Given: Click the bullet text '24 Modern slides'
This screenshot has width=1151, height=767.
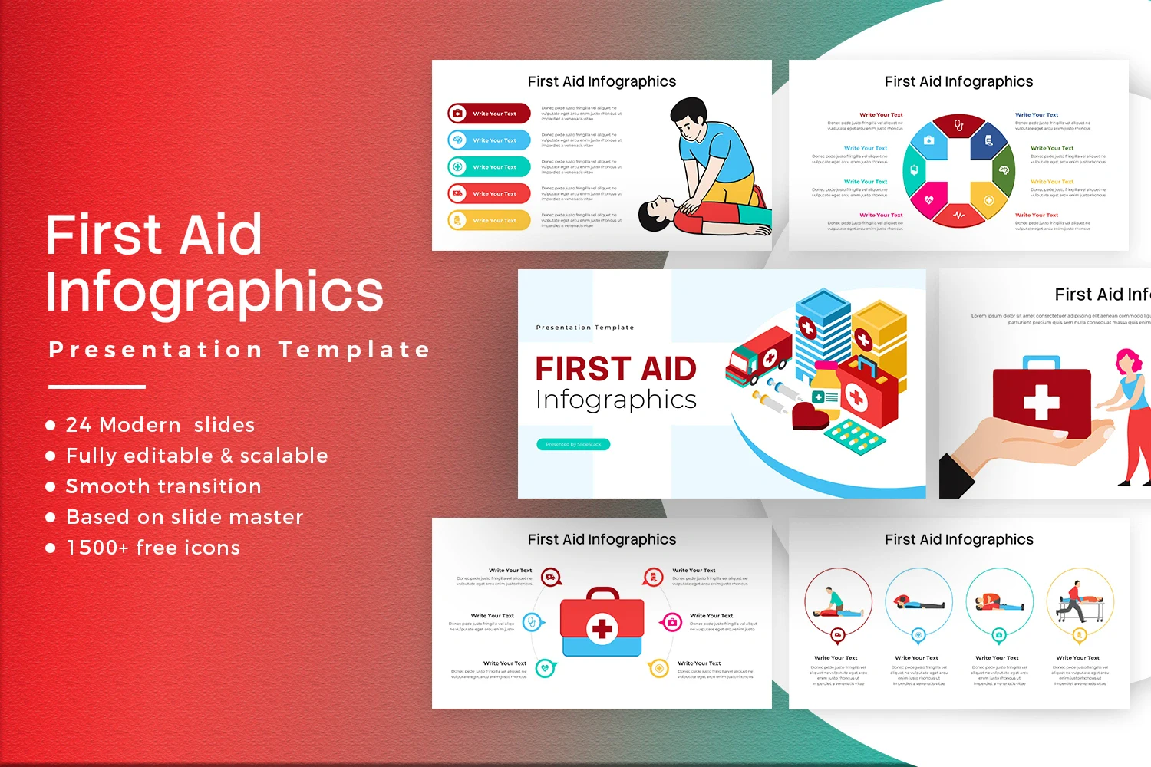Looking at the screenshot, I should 160,425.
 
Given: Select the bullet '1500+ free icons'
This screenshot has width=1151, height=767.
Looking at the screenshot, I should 153,548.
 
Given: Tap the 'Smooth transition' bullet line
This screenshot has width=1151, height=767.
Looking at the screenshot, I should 163,486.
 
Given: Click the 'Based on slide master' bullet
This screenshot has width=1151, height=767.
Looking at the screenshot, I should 184,517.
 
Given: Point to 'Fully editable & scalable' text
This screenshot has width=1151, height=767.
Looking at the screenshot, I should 196,456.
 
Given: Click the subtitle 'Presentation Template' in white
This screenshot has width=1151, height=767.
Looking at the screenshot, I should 239,350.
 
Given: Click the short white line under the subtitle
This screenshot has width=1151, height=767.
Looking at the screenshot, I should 97,387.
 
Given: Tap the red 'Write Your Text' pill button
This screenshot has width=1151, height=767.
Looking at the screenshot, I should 490,114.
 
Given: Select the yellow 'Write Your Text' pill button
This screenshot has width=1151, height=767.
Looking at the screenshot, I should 490,221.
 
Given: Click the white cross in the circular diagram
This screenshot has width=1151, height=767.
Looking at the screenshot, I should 958,171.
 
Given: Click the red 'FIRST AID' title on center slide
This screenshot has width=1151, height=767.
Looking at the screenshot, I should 615,369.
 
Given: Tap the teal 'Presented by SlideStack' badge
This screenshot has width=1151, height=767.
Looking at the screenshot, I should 573,444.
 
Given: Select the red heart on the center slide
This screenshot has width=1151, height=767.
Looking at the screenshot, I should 810,416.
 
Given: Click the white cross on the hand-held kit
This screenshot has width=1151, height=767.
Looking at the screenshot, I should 1041,402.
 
